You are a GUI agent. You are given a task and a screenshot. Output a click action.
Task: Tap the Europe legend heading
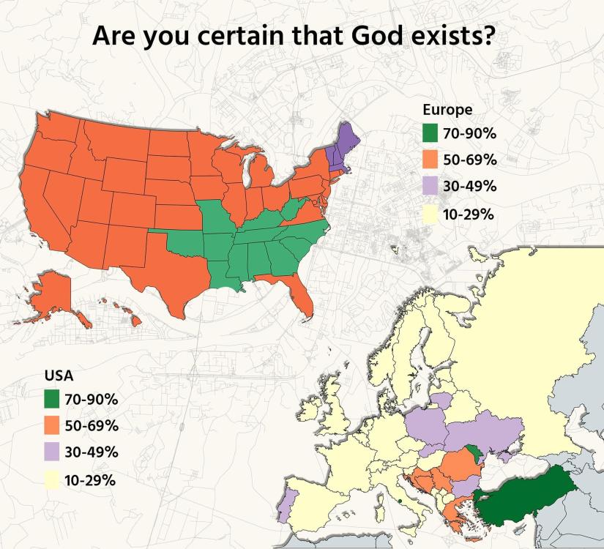(x=447, y=110)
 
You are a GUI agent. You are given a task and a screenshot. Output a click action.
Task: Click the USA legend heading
(x=59, y=376)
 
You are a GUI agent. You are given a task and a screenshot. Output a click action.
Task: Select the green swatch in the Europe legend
(x=430, y=133)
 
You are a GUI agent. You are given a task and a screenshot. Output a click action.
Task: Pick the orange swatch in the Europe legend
(x=430, y=160)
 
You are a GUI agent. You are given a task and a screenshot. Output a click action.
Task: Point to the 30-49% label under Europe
(x=470, y=186)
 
